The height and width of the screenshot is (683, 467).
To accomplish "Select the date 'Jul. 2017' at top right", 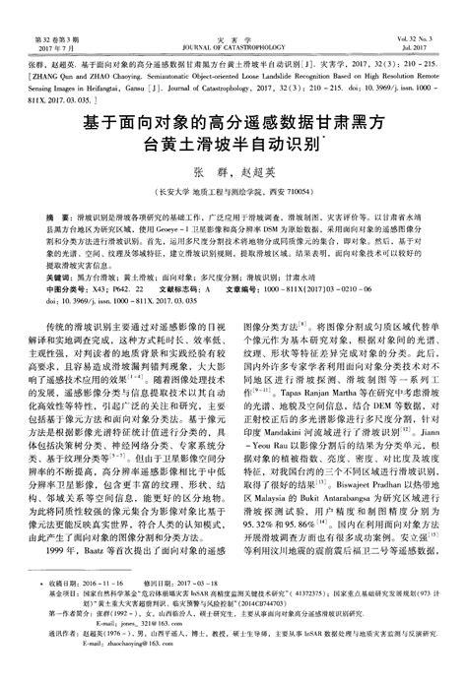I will coord(434,20).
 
